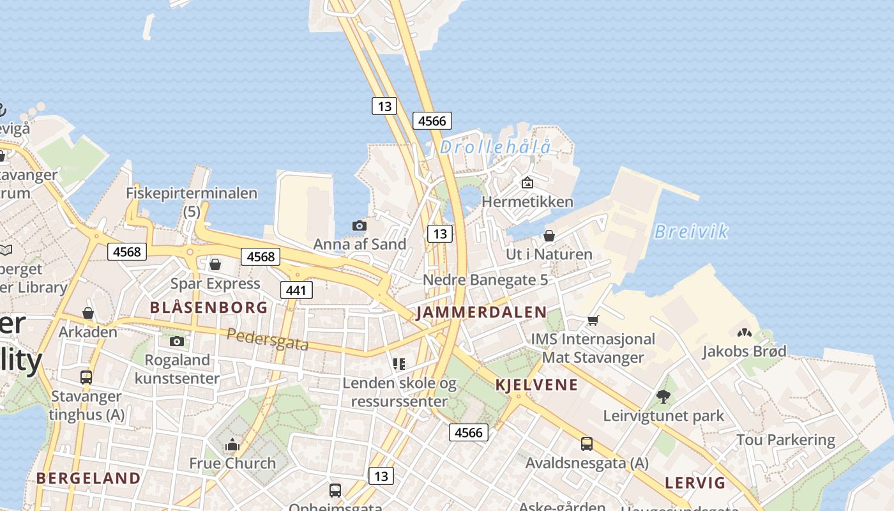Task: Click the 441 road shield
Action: (x=296, y=291)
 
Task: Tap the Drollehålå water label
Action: (x=495, y=148)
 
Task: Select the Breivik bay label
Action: (x=691, y=231)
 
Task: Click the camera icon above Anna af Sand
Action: (x=360, y=225)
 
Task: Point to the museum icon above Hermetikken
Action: (x=527, y=183)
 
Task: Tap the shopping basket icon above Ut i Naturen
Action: (x=549, y=236)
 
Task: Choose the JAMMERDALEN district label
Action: (x=481, y=312)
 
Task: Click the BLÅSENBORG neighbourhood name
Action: (x=209, y=307)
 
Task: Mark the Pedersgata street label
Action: (x=268, y=339)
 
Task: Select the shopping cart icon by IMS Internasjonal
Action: (x=593, y=320)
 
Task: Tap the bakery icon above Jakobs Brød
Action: (x=744, y=333)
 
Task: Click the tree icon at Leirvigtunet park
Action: (x=663, y=397)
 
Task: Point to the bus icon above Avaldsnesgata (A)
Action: (x=587, y=443)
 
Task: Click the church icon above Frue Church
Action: (x=232, y=444)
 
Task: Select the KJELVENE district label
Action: (x=536, y=385)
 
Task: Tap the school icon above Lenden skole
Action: (x=399, y=364)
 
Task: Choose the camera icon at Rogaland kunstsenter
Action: (x=177, y=341)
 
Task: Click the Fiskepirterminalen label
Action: (x=192, y=193)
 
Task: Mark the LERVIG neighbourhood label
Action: (x=695, y=482)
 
